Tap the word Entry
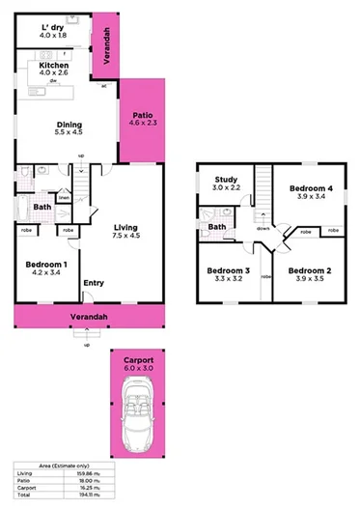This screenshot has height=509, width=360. click(94, 283)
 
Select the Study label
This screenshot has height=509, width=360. click(227, 179)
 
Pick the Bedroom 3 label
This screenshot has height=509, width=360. click(230, 270)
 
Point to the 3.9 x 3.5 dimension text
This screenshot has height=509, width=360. click(308, 279)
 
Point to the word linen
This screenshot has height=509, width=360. click(64, 198)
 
